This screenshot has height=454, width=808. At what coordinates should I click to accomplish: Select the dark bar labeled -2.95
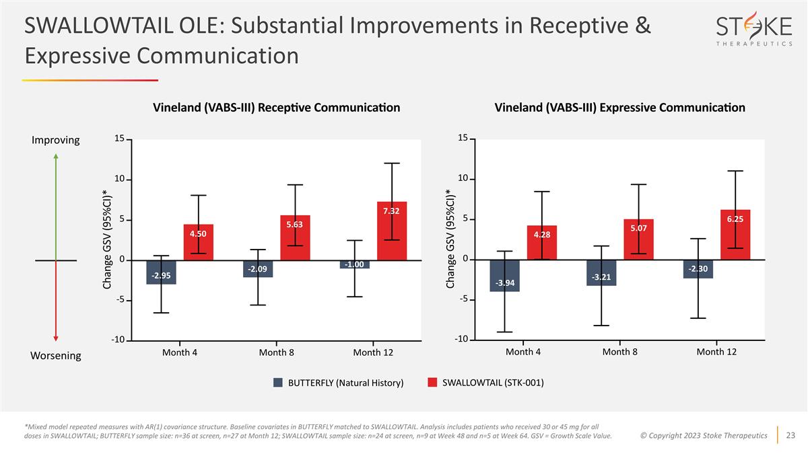click(161, 272)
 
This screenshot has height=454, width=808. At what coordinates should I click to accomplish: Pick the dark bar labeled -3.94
click(504, 276)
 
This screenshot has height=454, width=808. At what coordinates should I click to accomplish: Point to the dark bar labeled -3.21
click(601, 273)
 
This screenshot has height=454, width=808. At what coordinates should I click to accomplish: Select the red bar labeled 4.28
click(542, 243)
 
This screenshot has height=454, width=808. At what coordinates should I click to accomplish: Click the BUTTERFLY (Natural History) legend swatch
click(277, 383)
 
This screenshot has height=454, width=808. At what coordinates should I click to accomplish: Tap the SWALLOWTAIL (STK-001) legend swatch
click(432, 383)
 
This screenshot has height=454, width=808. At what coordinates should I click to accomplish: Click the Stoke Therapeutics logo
click(753, 30)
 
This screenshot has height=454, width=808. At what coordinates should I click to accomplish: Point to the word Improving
click(56, 140)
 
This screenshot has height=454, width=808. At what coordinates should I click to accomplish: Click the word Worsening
click(56, 355)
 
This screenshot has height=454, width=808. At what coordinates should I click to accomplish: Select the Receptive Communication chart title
click(277, 108)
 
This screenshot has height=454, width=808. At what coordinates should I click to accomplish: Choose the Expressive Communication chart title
click(619, 108)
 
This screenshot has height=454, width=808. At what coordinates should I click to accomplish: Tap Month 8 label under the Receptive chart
click(277, 352)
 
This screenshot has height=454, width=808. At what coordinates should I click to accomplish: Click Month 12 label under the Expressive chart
click(716, 352)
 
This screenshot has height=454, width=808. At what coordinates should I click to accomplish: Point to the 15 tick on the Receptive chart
click(119, 139)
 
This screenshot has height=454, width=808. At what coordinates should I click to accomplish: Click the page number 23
click(791, 435)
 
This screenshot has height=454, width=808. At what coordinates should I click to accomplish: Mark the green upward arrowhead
click(56, 157)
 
